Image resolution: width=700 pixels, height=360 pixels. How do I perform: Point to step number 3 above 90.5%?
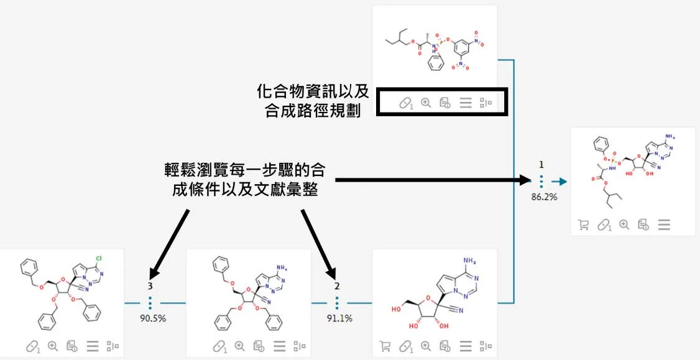point(150,285)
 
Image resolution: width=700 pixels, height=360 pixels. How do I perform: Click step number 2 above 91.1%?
point(337,285)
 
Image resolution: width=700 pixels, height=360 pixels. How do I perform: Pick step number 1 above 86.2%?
point(541,164)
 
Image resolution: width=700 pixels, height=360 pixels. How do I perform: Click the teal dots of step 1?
point(541,181)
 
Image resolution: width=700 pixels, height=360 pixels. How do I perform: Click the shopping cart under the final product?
point(584,225)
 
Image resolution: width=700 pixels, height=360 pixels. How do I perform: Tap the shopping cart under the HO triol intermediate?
point(385,346)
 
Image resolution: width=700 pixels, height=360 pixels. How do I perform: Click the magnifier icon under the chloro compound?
point(53,346)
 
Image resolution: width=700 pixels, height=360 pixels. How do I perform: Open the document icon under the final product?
point(643,225)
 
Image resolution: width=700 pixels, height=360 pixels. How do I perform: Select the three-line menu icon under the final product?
point(664,225)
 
